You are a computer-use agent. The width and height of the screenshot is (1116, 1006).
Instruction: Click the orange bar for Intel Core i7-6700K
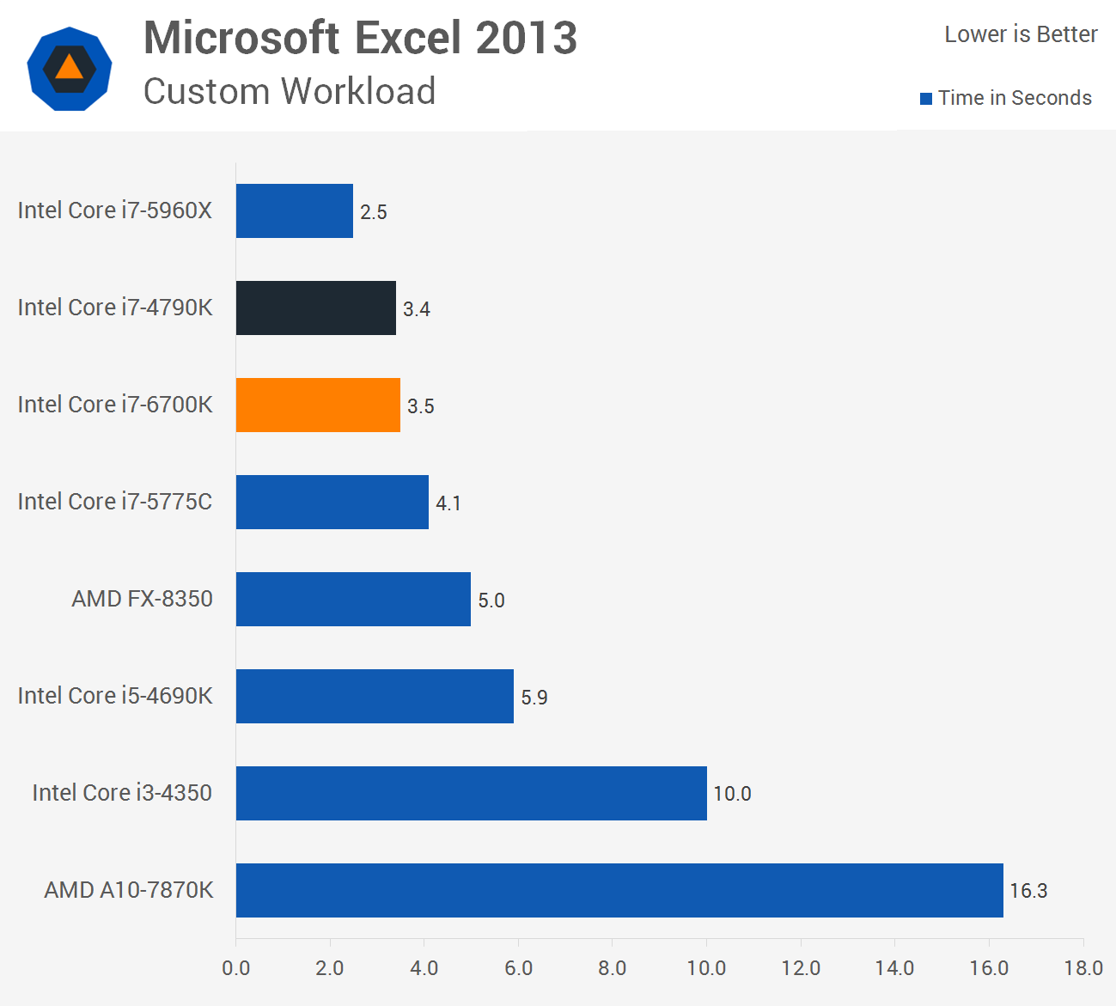318,405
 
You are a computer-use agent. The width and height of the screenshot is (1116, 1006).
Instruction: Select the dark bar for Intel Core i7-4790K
315,308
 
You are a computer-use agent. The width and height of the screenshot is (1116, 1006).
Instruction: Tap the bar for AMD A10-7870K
619,890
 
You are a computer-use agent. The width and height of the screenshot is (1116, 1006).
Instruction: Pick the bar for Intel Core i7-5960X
294,210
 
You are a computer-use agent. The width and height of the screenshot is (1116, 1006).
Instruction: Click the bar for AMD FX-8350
353,599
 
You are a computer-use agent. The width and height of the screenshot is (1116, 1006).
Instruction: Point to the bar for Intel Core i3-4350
471,793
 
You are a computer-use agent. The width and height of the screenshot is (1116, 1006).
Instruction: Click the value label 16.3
1028,891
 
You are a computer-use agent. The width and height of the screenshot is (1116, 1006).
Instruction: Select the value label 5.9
534,697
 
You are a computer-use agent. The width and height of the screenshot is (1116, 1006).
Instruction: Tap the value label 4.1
448,503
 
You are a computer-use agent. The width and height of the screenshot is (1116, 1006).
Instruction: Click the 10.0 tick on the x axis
706,968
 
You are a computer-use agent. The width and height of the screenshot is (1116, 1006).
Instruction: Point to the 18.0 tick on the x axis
1082,968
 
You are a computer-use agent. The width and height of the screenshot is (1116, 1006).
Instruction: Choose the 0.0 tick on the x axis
235,968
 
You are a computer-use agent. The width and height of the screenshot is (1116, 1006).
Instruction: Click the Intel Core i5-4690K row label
115,695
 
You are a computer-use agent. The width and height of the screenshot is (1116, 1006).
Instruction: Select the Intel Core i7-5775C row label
115,501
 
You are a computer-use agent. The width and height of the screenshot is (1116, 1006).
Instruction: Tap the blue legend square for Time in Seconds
926,99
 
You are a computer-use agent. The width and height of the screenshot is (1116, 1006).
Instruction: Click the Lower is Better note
1021,34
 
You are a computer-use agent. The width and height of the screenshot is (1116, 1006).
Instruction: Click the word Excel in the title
407,38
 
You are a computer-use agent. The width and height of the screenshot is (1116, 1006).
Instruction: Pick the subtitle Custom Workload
290,91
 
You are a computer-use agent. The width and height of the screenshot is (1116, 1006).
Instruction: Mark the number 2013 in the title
526,38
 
